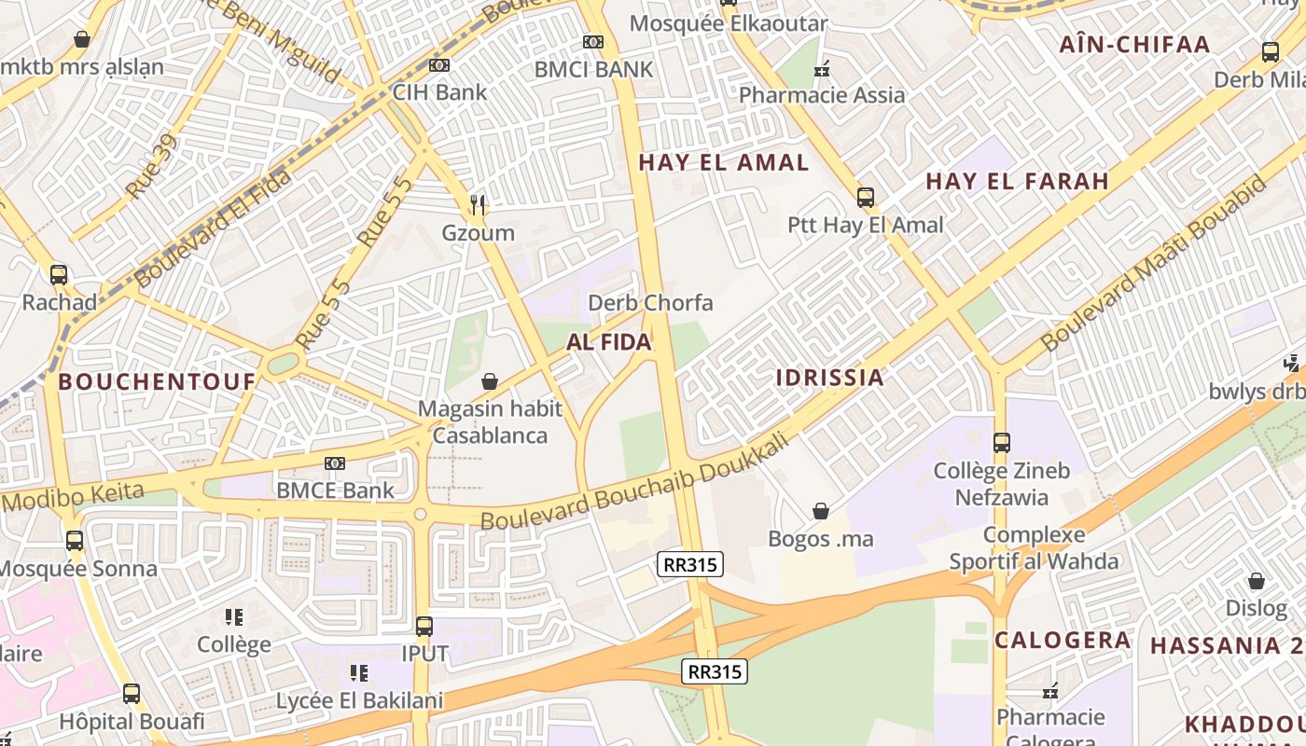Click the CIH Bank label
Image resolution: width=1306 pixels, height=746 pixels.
pyautogui.click(x=439, y=91)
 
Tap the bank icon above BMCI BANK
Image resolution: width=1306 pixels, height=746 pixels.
pyautogui.click(x=592, y=42)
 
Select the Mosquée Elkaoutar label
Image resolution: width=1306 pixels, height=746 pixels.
pyautogui.click(x=729, y=23)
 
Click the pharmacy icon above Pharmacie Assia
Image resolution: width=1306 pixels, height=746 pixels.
pyautogui.click(x=822, y=68)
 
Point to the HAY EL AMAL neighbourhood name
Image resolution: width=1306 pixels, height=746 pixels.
pyautogui.click(x=724, y=162)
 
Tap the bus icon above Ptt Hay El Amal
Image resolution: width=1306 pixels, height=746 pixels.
pyautogui.click(x=866, y=198)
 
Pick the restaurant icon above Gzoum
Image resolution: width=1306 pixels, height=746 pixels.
pyautogui.click(x=479, y=204)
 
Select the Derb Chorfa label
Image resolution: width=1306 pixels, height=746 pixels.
pyautogui.click(x=650, y=302)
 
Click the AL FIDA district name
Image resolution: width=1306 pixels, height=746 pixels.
pyautogui.click(x=609, y=342)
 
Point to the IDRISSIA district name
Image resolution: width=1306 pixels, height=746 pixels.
pyautogui.click(x=829, y=377)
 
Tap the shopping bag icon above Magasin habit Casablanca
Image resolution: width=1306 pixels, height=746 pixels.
pyautogui.click(x=490, y=381)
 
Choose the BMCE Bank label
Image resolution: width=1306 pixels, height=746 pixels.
pyautogui.click(x=335, y=490)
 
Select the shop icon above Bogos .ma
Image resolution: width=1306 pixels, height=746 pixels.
pyautogui.click(x=821, y=511)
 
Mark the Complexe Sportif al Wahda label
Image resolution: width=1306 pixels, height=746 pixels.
pyautogui.click(x=1034, y=548)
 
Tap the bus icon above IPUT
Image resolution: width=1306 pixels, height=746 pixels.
pyautogui.click(x=424, y=627)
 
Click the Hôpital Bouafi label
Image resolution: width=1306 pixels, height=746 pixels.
pyautogui.click(x=132, y=721)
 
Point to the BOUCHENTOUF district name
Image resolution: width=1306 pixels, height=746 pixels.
pyautogui.click(x=157, y=380)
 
